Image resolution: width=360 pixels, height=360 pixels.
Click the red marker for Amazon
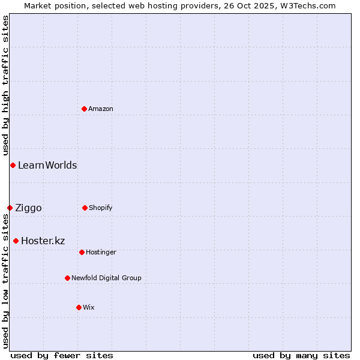pos(85,109)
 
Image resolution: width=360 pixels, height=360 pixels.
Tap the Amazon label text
pos(101,109)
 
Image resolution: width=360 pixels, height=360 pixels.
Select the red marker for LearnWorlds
pos(13,165)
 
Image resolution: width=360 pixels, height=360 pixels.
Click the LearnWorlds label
pos(47,165)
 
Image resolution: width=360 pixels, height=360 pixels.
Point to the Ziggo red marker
pos(10,208)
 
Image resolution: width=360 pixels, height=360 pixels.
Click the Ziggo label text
pos(28,208)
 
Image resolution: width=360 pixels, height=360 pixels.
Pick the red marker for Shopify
pos(85,208)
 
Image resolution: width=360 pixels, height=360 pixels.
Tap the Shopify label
pos(101,208)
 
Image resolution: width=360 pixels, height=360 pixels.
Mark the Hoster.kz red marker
pos(16,241)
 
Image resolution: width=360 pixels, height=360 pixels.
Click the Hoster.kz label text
pos(43,241)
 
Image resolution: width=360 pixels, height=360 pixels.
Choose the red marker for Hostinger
pos(82,252)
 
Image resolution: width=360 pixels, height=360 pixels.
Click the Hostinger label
pos(101,252)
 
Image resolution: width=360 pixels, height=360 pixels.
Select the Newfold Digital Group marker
pos(67,278)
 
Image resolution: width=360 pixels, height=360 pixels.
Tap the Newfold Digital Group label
pos(106,278)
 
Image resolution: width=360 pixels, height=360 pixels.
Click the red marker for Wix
pos(79,307)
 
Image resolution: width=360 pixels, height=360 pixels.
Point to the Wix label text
pos(89,307)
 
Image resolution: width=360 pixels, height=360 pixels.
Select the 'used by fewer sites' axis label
pos(62,355)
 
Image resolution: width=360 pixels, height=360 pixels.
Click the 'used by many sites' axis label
pos(301,355)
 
